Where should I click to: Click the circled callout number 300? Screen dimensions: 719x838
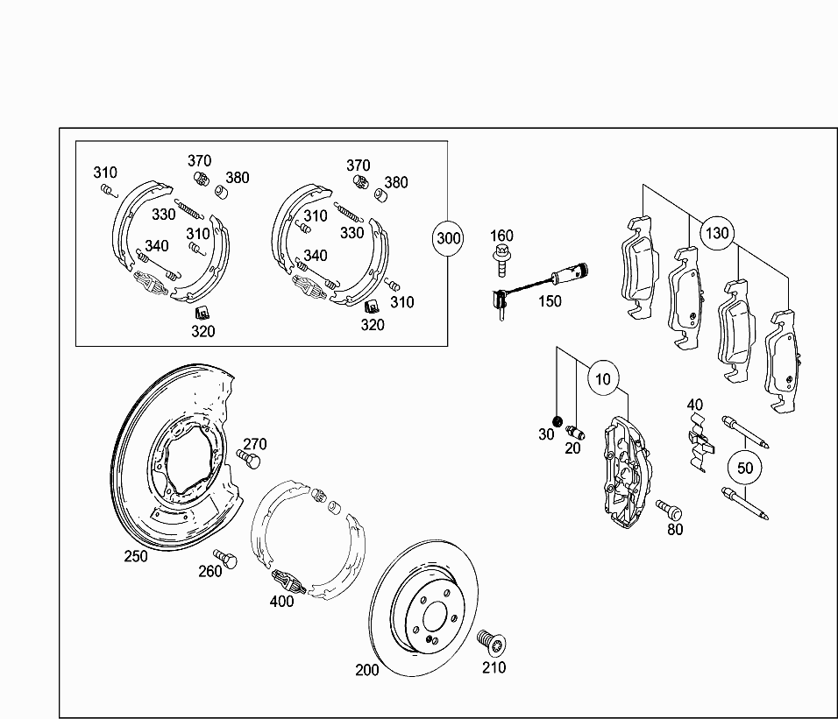449,238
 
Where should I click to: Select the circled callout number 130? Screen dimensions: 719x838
717,233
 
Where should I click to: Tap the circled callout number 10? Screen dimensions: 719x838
603,378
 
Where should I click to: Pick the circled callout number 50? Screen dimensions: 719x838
745,468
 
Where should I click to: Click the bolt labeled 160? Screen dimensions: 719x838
501,259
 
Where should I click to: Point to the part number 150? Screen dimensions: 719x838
550,301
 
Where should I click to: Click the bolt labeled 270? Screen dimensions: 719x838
249,458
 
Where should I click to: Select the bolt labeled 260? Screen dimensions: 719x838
227,558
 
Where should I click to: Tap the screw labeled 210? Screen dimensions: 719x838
487,643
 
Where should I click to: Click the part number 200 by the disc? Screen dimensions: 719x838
367,670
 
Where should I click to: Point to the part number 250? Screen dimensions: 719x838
136,555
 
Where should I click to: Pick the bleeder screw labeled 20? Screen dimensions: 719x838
575,431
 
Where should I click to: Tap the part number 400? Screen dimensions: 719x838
281,601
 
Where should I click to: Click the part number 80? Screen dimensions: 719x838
675,529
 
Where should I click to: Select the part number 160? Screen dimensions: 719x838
501,236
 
